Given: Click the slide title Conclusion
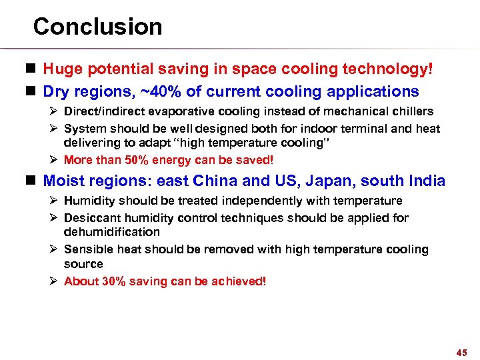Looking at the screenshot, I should [x=97, y=27].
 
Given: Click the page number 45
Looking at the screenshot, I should [x=462, y=351].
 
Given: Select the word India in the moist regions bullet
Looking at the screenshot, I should [x=427, y=181].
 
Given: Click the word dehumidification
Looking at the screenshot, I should [x=111, y=232].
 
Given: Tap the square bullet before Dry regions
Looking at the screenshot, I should [x=33, y=91].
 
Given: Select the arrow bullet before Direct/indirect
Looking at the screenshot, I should [x=55, y=111].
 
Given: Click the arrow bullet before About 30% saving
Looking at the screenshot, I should [x=55, y=281].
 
